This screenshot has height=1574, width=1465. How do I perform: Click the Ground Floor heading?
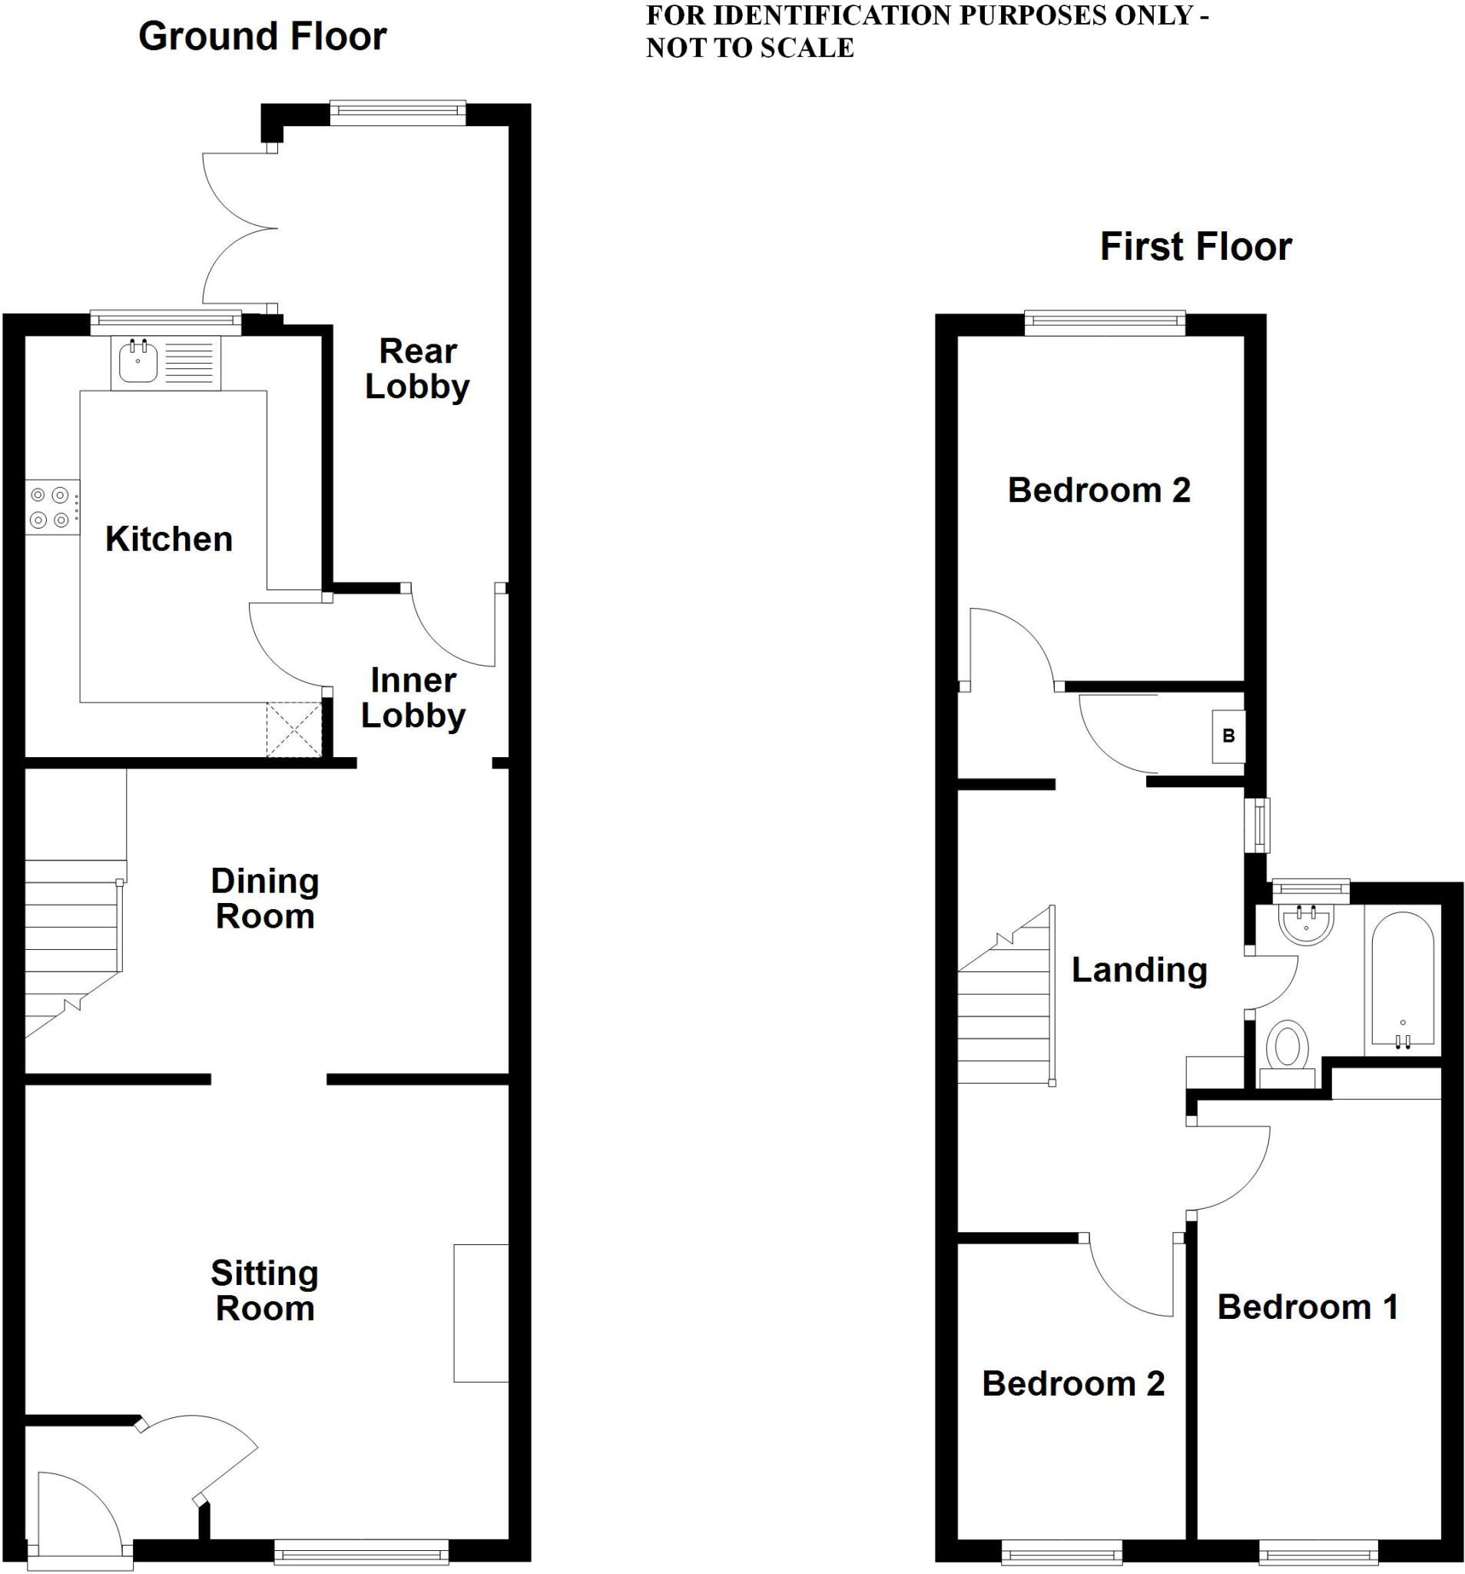[262, 36]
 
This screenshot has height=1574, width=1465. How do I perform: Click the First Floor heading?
[1195, 246]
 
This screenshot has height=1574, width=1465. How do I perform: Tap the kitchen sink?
[138, 363]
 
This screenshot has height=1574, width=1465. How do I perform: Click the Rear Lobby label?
[417, 368]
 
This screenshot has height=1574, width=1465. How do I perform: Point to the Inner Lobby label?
[413, 698]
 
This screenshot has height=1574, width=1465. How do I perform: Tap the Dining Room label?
[265, 898]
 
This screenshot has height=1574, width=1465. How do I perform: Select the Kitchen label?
[168, 540]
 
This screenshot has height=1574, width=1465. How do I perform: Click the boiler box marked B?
[1228, 736]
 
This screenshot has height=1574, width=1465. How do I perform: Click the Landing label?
[1139, 970]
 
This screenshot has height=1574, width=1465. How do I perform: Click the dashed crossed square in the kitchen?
[293, 729]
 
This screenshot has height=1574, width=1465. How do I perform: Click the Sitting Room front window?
[361, 1551]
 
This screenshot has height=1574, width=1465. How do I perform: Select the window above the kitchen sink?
[165, 322]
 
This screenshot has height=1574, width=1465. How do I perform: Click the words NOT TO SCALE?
[750, 48]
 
